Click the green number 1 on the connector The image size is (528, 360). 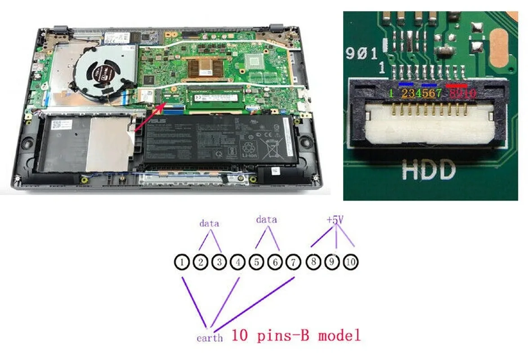(391, 94)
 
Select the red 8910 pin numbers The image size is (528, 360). (461, 94)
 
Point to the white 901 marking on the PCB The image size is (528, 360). (362, 54)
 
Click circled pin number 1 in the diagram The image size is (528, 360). (182, 262)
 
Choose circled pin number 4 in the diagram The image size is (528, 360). (237, 262)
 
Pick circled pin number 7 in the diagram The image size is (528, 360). (293, 262)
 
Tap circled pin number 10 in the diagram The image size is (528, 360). (350, 262)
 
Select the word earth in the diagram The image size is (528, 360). (209, 337)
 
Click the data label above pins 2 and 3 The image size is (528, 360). (209, 223)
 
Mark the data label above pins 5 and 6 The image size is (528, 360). (266, 220)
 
